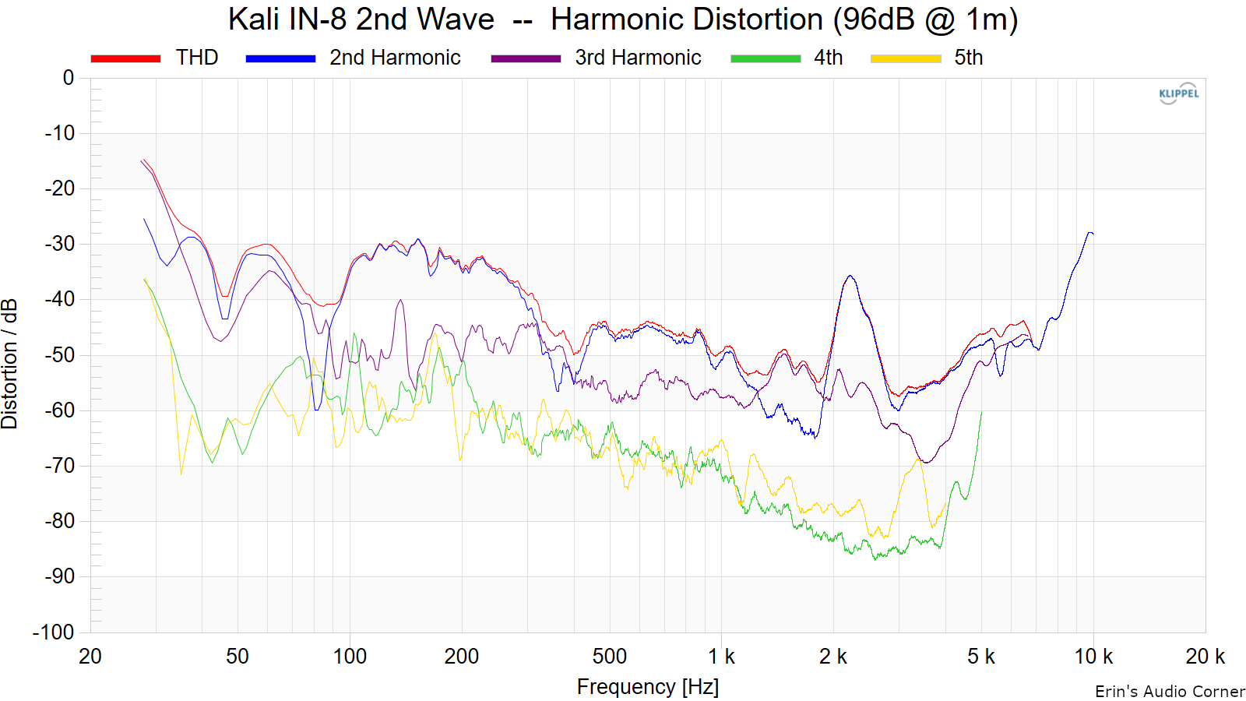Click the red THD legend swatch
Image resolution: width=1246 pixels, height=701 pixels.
click(125, 58)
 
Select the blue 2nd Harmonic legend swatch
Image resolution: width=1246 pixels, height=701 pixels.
click(280, 58)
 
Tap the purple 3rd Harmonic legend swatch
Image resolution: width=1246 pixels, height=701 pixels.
click(526, 58)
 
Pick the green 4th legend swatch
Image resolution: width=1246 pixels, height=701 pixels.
click(766, 58)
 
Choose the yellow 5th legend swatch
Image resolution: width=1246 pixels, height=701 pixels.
click(906, 58)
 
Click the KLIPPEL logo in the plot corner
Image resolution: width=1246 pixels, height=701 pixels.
click(1179, 93)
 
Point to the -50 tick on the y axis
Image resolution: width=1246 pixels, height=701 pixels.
click(59, 355)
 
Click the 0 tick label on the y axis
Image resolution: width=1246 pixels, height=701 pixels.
click(69, 78)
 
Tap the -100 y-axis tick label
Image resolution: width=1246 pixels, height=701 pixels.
click(54, 632)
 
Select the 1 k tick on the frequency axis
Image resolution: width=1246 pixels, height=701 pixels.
click(721, 657)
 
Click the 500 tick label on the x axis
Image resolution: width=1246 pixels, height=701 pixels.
click(609, 657)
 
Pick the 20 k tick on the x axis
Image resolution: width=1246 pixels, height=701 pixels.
click(1205, 657)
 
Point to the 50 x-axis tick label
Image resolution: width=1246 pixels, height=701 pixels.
click(238, 657)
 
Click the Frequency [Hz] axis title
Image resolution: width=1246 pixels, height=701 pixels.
click(647, 687)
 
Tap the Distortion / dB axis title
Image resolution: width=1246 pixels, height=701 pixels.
click(10, 364)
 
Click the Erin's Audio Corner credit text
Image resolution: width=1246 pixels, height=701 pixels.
click(1170, 692)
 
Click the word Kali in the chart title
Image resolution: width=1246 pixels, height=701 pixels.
click(254, 19)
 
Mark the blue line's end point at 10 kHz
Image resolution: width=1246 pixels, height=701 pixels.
click(1093, 234)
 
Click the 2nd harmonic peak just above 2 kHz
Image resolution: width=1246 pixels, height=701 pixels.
click(850, 277)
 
